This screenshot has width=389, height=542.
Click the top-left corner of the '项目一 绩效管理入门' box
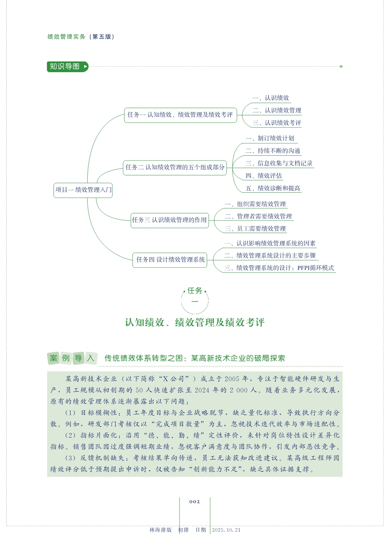54,183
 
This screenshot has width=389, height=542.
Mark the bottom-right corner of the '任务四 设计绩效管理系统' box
207,267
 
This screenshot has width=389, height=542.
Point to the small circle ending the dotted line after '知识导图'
341,67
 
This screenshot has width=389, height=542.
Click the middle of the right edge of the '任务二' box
227,168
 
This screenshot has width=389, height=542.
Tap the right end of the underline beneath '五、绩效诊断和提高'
302,192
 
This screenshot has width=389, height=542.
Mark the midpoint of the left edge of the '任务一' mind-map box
124,115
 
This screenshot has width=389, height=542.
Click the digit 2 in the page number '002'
198,502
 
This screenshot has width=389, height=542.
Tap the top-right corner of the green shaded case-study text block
342,371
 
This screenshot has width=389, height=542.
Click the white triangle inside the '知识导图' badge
85,67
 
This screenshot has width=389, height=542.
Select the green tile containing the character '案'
54,358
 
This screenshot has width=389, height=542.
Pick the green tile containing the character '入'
91,358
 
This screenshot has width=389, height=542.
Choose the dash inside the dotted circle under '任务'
195,301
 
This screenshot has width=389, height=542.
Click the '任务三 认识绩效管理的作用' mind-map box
169,220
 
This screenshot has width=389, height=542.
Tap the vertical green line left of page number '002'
179,515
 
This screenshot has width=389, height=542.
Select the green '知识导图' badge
68,67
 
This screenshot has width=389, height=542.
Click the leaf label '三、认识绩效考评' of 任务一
277,123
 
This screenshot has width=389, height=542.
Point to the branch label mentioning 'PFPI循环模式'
279,268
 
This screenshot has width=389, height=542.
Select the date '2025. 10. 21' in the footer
226,530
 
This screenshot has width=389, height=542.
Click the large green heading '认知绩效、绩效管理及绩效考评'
195,322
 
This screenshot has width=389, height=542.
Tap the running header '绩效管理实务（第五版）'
81,37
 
